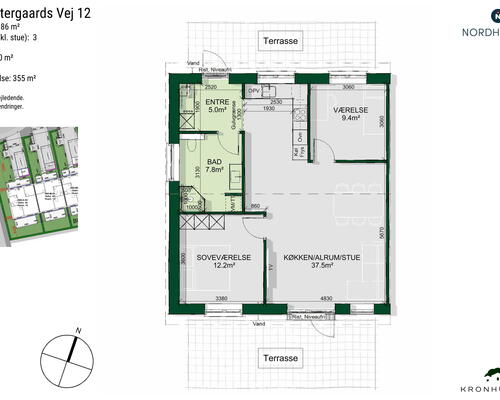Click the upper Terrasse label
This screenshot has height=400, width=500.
point(281,45)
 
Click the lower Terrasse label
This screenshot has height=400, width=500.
point(281,357)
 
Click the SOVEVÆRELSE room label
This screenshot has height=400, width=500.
point(221,256)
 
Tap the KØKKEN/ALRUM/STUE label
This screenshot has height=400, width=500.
point(321,256)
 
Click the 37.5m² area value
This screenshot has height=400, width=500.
point(321,266)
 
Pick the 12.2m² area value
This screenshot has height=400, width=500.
point(221,266)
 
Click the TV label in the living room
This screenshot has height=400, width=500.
point(272,269)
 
